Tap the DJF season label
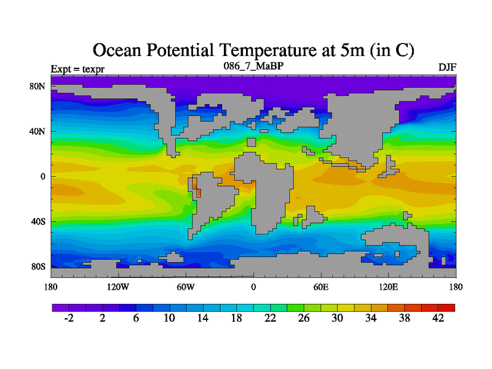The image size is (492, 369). point(446,67)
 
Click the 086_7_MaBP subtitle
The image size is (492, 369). point(253,65)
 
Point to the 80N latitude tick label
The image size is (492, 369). point(38,86)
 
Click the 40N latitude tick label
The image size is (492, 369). point(38,131)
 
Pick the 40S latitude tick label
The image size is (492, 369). point(38,221)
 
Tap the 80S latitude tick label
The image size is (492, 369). point(38,267)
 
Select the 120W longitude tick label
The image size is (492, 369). point(117,287)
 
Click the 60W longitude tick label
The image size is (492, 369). point(185,287)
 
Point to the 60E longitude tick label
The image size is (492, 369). point(320,287)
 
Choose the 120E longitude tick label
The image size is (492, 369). point(388,287)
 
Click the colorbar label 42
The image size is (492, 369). point(438,318)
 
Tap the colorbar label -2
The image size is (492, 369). point(69,318)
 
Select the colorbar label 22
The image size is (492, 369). point(270,318)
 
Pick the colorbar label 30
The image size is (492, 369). point(337,318)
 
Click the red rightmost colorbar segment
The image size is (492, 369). point(446,307)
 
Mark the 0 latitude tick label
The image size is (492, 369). point(43,177)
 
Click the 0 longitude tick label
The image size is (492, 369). point(253,287)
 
